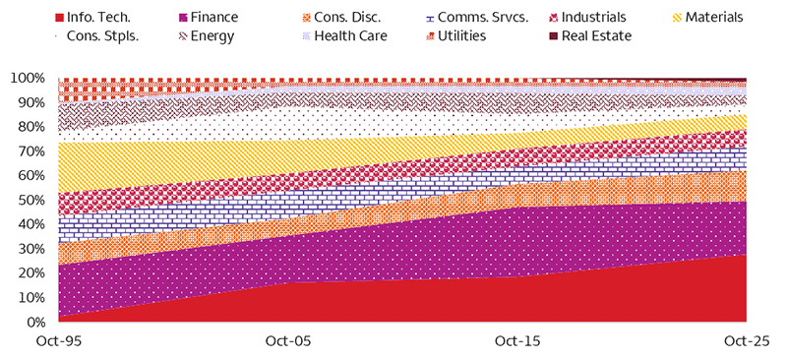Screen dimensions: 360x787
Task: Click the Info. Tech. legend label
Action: pos(100,18)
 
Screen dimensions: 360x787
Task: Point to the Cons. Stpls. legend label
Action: pos(101,36)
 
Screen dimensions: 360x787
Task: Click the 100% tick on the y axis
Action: pos(28,78)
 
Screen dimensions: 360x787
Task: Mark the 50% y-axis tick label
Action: pos(30,201)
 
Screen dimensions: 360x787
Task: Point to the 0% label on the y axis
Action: pos(34,323)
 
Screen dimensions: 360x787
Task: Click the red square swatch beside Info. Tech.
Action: pos(59,18)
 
